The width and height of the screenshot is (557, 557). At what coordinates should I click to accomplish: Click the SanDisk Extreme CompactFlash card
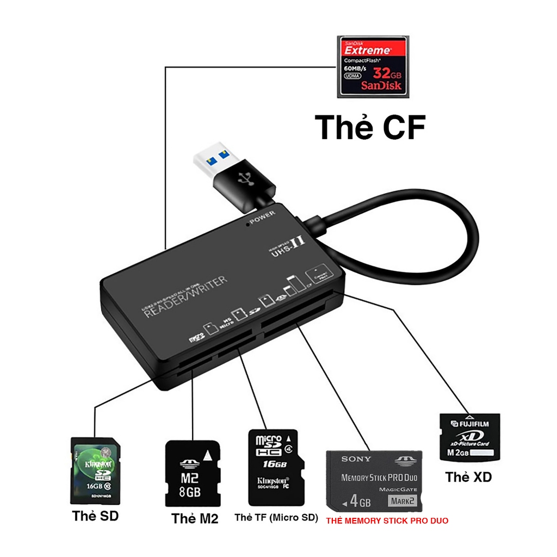372,66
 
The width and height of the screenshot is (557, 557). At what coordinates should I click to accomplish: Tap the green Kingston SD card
95,471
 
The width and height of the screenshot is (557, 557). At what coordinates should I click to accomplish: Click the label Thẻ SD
95,516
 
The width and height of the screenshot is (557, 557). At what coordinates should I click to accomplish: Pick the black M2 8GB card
193,474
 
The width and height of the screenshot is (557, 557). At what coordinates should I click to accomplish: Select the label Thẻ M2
195,518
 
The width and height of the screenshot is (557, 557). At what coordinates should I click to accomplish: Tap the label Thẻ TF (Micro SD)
276,517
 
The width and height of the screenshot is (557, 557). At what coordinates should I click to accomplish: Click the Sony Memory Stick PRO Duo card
374,481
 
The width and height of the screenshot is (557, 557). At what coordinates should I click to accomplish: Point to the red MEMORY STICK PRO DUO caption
387,521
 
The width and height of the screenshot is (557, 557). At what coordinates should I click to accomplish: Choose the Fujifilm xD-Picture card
469,438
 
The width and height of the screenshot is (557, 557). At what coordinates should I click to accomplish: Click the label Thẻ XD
468,477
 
